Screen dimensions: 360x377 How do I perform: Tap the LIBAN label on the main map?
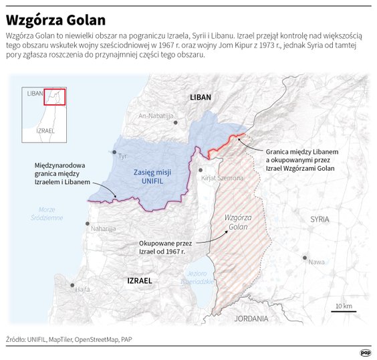tap(200, 98)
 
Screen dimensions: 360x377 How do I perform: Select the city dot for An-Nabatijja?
tap(174, 122)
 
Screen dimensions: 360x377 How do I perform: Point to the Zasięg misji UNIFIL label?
tap(152, 177)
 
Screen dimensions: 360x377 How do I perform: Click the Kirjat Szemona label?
tap(222, 178)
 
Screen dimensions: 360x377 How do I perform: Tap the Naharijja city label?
tap(103, 228)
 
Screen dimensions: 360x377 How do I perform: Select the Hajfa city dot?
tap(72, 284)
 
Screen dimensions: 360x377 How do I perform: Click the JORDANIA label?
tap(251, 319)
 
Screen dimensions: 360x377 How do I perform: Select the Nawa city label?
tap(316, 262)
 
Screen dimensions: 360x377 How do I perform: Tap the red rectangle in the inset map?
tap(54, 96)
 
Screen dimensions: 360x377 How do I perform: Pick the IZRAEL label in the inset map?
tap(45, 130)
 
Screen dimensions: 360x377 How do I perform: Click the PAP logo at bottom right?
tap(365, 353)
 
